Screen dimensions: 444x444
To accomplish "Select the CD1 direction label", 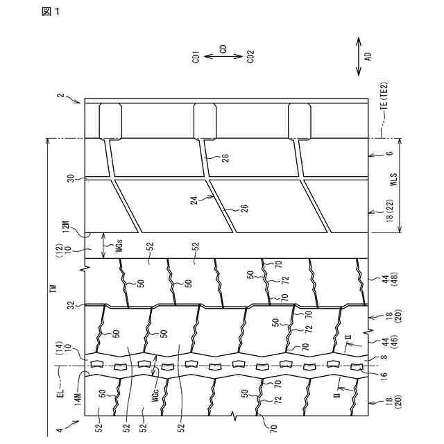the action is tap(196, 56).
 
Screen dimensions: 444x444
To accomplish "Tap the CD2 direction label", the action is tap(250, 56).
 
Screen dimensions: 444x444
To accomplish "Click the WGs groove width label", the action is tap(115, 246).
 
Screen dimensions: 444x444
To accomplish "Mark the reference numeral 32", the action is tap(69, 305).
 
